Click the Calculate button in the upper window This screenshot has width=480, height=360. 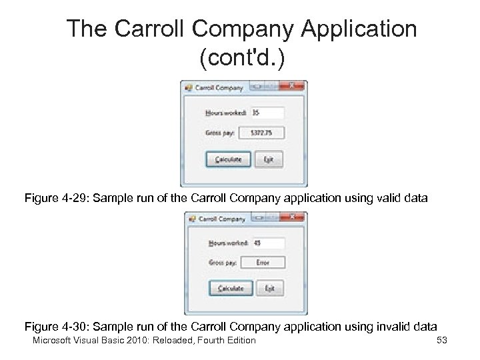point(227,159)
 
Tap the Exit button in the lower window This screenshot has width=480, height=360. point(269,288)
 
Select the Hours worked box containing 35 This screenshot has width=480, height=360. point(267,113)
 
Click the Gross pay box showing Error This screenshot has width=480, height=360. point(263,263)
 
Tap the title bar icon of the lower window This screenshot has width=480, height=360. point(190,218)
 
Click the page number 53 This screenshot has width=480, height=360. point(441,341)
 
